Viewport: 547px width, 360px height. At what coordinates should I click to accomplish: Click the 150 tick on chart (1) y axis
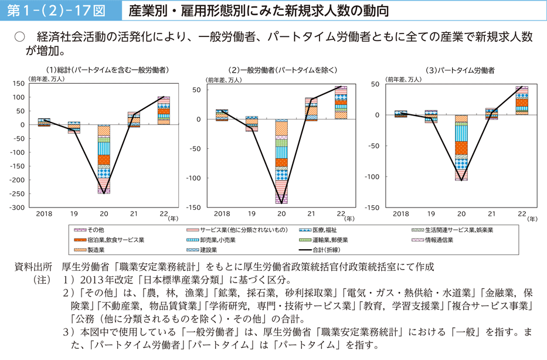[18, 84]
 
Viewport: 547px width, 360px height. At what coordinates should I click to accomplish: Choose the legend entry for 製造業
[96, 250]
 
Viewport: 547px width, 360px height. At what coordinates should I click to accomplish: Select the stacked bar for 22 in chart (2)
[341, 103]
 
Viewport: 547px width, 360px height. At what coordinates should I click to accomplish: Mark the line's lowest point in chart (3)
[462, 180]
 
